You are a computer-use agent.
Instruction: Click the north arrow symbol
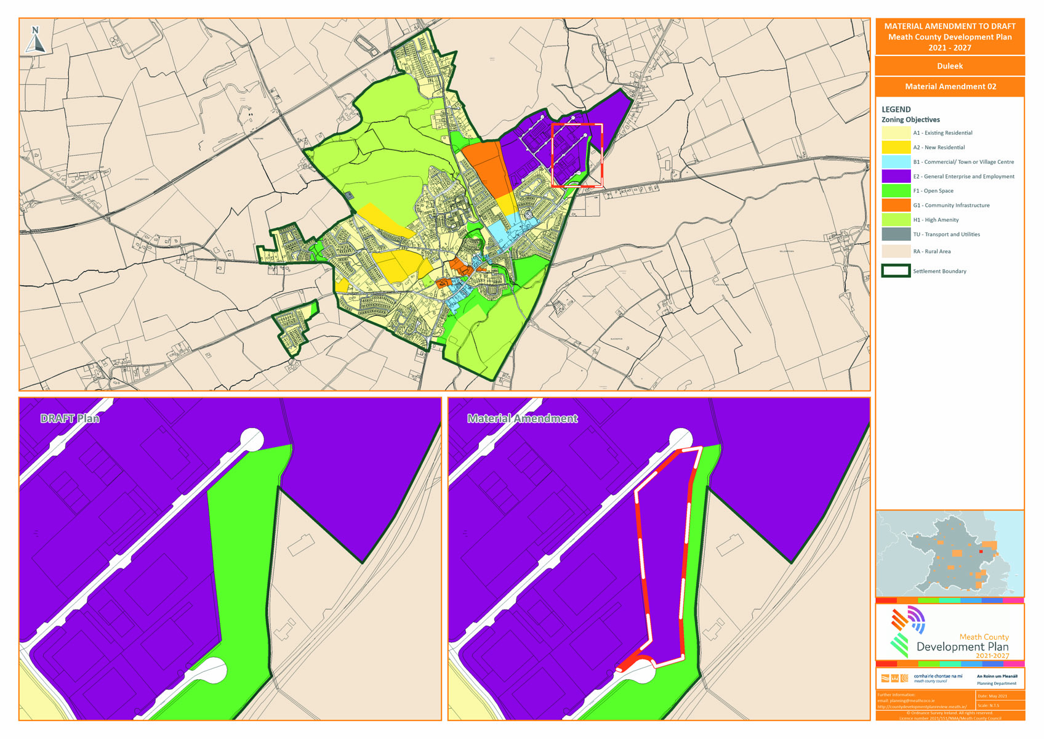point(36,40)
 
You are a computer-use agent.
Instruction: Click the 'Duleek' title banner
point(949,66)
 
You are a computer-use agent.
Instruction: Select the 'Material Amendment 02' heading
point(950,87)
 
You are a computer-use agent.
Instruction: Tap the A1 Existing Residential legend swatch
point(896,133)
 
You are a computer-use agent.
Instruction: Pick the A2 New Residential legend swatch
point(896,147)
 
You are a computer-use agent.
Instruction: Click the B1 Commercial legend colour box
point(896,162)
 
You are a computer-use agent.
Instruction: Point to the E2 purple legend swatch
point(896,176)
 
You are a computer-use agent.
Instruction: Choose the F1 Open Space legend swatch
point(896,191)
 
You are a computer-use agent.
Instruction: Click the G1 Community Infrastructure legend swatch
point(896,205)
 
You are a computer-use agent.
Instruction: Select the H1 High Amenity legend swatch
point(896,220)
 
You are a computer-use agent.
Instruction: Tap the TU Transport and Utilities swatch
point(896,234)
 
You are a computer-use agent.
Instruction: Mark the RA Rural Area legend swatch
point(896,251)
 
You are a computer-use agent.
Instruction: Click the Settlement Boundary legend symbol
point(896,271)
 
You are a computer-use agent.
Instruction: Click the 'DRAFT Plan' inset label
point(70,419)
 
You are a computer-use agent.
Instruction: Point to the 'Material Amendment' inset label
point(522,419)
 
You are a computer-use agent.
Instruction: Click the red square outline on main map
point(577,124)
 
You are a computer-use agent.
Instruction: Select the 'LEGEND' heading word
point(896,110)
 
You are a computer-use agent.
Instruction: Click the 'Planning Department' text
point(996,684)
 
